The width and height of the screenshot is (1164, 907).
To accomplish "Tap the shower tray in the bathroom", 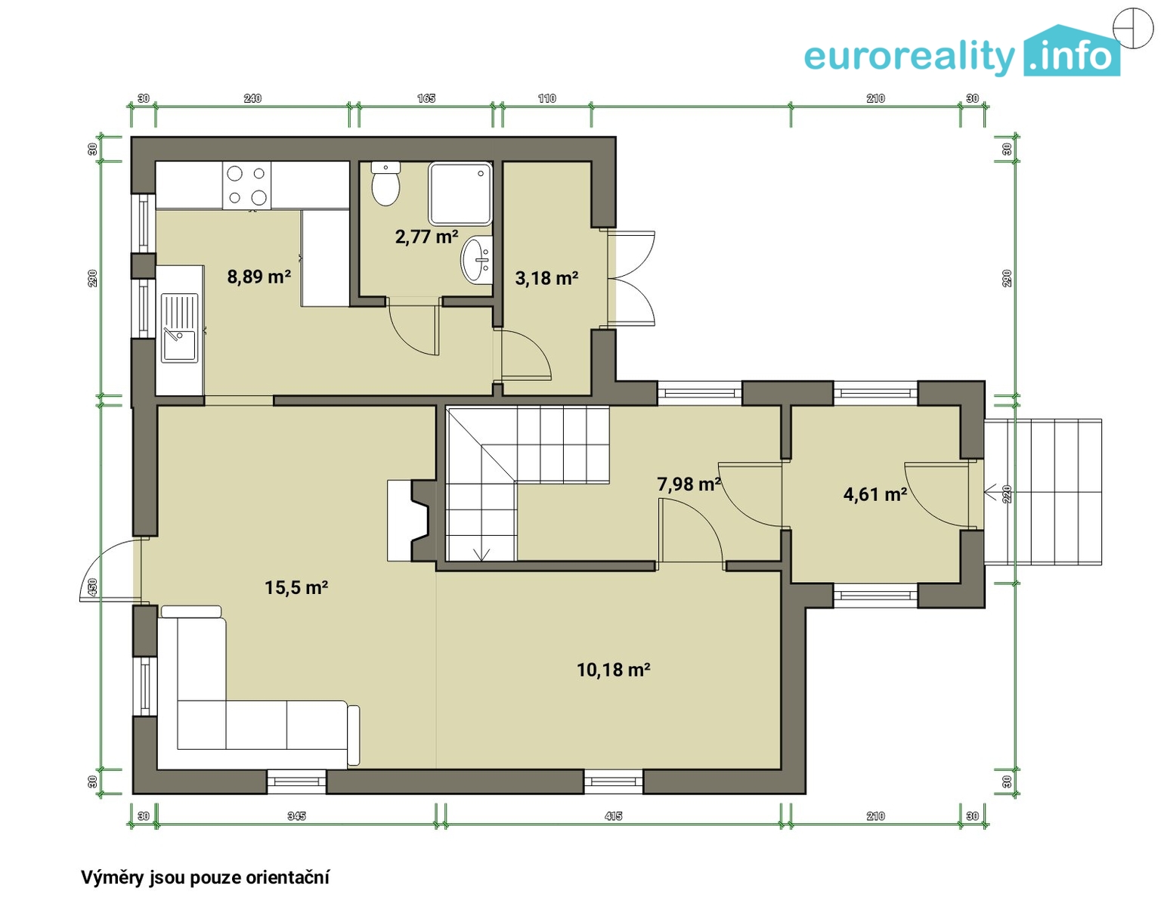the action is coord(460,193).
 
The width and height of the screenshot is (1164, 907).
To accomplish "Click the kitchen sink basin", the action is coord(179,346).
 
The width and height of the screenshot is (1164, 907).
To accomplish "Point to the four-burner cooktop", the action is coord(247,185).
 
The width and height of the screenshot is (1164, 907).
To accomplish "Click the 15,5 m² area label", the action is coord(296,588).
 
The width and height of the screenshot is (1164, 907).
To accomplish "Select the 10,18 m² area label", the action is coord(613,669).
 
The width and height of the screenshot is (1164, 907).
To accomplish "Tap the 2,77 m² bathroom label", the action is coord(426,236).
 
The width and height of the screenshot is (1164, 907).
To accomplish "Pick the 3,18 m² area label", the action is coord(546,278).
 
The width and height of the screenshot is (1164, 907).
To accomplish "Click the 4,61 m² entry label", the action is coord(875,494).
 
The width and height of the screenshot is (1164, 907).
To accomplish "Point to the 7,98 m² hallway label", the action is coord(689,484).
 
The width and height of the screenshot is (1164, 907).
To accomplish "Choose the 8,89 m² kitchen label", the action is coord(258,277).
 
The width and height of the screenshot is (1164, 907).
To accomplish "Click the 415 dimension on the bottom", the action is coord(613,816).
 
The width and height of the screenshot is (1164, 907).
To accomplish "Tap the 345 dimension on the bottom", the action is coord(296,816).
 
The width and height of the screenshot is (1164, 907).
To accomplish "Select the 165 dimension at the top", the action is coord(426,98).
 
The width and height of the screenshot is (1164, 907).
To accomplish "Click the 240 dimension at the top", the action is coord(252,98).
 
